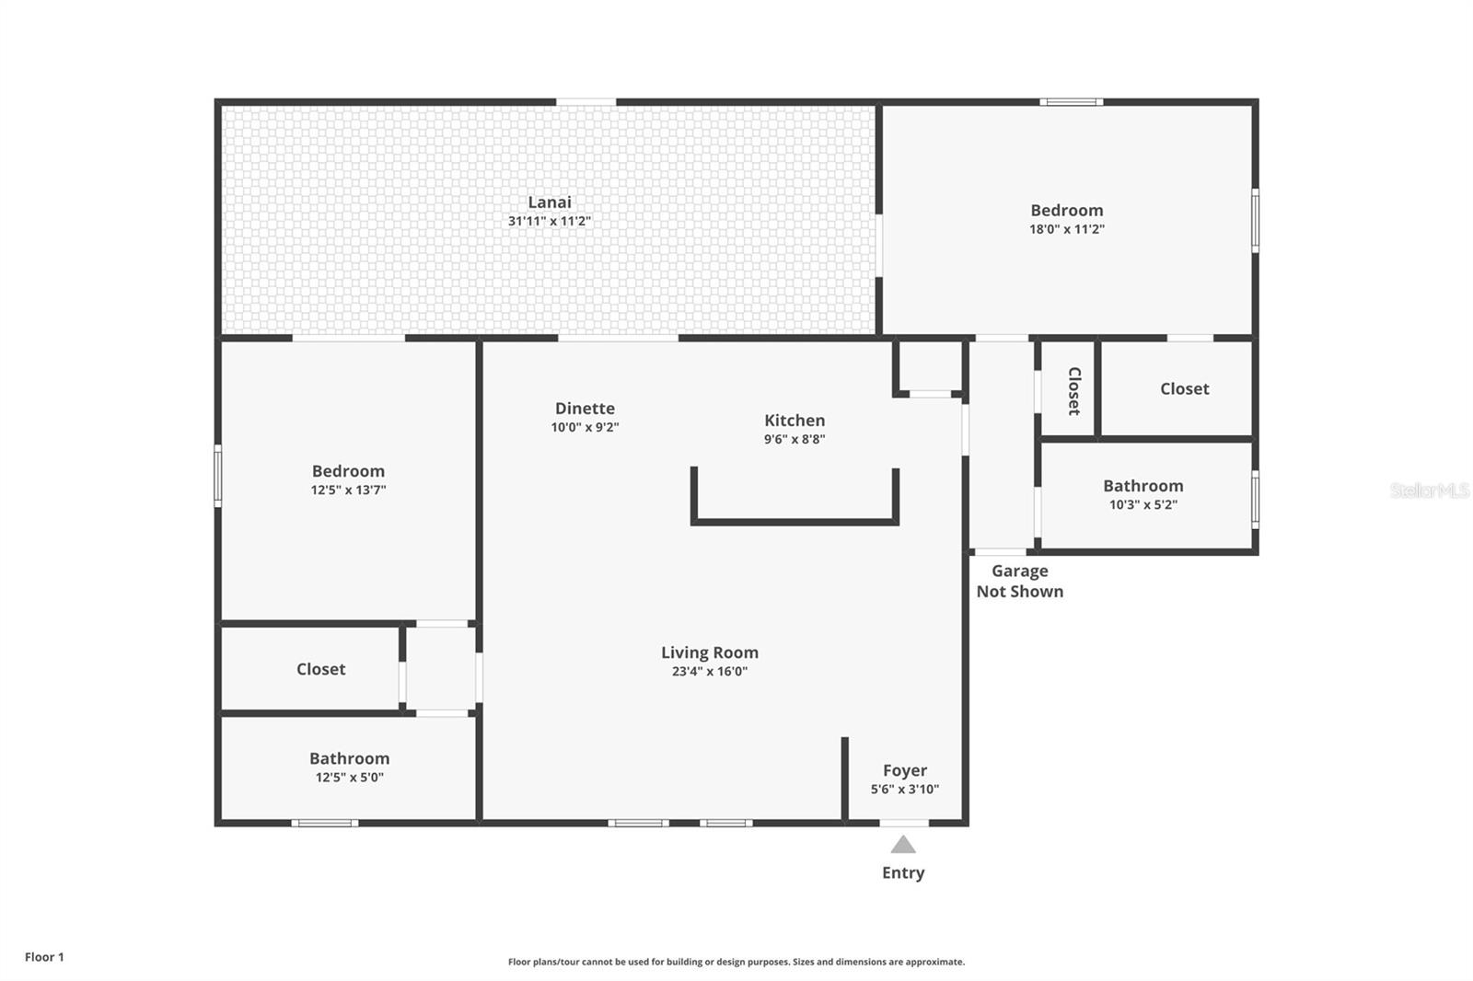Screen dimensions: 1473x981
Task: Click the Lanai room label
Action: (549, 202)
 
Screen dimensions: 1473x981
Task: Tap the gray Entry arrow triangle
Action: (903, 844)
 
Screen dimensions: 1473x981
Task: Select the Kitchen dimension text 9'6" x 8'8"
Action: (794, 439)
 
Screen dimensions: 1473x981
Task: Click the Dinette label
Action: (585, 409)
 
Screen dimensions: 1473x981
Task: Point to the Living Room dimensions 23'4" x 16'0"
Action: (710, 671)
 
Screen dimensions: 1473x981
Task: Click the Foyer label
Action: (905, 770)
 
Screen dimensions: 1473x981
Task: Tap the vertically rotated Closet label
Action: (1073, 391)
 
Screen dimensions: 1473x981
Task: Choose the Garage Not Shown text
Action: (1020, 582)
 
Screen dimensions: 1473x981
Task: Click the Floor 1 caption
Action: (45, 957)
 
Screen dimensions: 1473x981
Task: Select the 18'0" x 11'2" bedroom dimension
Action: (1067, 229)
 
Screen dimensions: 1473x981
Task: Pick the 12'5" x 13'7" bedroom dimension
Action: (348, 490)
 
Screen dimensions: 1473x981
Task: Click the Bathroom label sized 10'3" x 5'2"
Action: (1142, 486)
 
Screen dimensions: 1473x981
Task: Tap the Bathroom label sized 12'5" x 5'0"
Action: (349, 758)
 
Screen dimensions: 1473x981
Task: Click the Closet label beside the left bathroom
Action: (320, 669)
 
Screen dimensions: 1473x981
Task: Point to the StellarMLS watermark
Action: (1430, 490)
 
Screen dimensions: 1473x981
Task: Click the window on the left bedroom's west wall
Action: (217, 476)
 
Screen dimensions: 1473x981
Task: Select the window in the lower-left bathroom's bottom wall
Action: (325, 823)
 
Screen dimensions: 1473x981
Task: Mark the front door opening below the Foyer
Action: (904, 823)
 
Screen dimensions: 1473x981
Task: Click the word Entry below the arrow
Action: (903, 872)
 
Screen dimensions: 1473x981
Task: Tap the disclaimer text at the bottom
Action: (736, 962)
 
